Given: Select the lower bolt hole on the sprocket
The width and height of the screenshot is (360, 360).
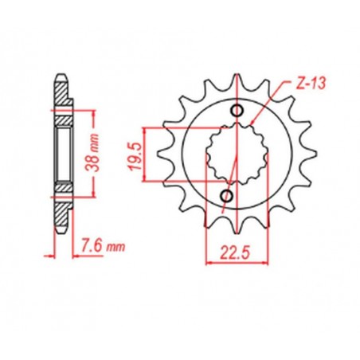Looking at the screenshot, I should point(226,195).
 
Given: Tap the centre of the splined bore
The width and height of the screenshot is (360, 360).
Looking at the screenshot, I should point(231,152).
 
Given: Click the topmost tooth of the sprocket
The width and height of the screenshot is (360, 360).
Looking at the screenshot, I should point(237,77).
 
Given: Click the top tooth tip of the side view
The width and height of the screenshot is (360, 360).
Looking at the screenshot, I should point(61,76).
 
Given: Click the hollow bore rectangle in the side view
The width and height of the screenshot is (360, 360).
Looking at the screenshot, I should point(61,152).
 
